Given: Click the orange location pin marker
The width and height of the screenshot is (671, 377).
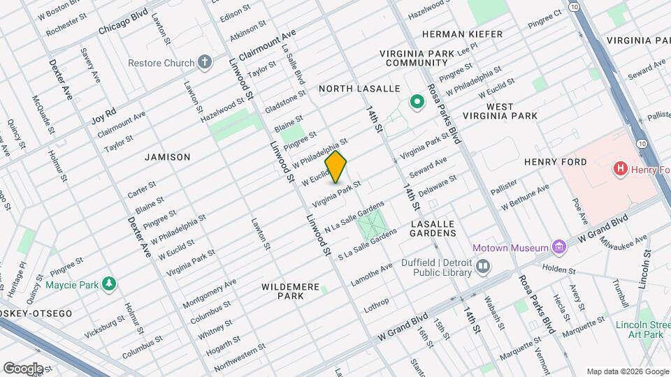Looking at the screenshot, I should click(x=336, y=168).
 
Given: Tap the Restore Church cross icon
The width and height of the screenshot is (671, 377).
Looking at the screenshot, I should click(x=205, y=63).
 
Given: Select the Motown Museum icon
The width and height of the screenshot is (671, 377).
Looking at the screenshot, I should click(x=558, y=247).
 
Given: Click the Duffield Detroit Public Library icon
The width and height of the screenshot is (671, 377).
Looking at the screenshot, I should click(x=482, y=265).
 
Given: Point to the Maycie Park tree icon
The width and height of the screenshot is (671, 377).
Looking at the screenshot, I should click(x=108, y=284).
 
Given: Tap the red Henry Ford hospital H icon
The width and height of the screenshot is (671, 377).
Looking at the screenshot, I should click(x=619, y=169).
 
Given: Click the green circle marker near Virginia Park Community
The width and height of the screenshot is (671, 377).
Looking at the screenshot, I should click(x=417, y=103).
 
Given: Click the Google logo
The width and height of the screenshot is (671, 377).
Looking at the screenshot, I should click(x=23, y=368).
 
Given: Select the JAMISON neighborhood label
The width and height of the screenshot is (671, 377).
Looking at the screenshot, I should click(x=167, y=157).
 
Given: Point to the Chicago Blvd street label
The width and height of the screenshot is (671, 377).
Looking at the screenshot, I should click(x=124, y=22).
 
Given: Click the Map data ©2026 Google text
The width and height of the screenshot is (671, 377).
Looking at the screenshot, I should click(x=626, y=371).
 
